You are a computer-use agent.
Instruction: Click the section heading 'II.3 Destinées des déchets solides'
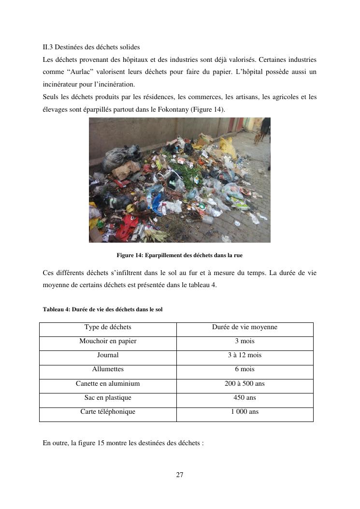pos(91,47)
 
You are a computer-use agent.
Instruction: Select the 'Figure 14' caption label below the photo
pos(130,255)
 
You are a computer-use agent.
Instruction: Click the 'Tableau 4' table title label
pos(56,309)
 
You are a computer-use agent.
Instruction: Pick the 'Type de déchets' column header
pos(108,327)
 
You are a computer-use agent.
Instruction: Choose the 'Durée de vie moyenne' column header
pos(245,327)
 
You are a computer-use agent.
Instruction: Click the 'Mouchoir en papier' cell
pos(108,341)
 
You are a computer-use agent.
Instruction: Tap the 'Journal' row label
pos(108,355)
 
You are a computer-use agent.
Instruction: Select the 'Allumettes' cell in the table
pos(108,369)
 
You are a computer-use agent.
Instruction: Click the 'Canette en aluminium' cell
pos(108,384)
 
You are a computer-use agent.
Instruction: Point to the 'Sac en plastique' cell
pos(108,398)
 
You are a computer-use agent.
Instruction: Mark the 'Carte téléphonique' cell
pos(108,412)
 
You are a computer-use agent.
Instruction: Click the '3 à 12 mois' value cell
pos(245,355)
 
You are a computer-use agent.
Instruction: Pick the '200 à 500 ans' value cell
pos(245,384)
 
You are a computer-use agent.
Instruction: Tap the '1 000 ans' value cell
pos(245,412)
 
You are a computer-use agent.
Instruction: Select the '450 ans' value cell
pos(245,398)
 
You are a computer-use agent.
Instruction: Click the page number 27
pos(180,475)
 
